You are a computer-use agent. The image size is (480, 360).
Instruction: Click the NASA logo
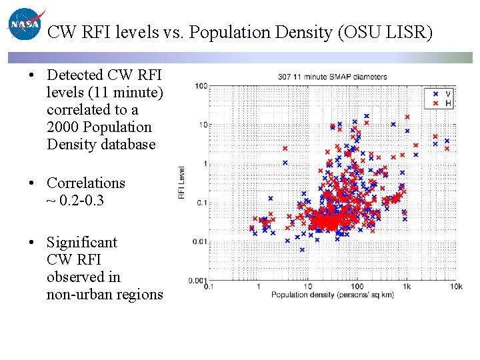point(25,25)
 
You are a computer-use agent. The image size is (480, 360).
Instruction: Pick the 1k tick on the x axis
point(405,287)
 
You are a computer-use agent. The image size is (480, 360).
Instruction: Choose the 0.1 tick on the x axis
point(209,287)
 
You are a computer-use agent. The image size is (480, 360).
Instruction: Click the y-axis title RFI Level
point(181,183)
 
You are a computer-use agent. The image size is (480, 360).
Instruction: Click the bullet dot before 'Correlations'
point(32,183)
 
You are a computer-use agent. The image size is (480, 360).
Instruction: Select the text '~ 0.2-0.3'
point(75,200)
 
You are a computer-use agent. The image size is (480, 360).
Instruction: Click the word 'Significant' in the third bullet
point(81,242)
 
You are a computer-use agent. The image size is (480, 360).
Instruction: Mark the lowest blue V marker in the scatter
point(301,249)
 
